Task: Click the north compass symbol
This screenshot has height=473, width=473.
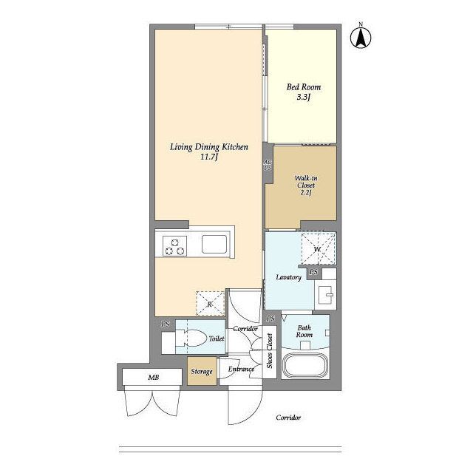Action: tap(361, 36)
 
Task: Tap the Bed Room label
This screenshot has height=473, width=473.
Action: tap(304, 87)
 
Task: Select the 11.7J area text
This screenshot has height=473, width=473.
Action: tap(209, 157)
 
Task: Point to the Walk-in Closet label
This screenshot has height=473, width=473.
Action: tap(306, 182)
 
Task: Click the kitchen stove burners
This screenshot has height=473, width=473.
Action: tap(174, 246)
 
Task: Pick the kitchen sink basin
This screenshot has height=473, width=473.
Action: tap(214, 244)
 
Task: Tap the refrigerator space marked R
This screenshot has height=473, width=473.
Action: tap(210, 303)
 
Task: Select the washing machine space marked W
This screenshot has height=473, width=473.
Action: tap(319, 249)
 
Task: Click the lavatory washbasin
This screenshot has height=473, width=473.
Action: tap(325, 295)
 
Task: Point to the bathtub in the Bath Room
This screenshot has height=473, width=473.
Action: tap(305, 366)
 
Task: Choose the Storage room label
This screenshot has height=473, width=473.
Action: tap(202, 371)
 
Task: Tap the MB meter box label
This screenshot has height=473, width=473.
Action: tap(154, 377)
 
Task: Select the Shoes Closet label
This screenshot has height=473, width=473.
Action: tap(269, 351)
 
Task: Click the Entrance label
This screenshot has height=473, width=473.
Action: tap(241, 369)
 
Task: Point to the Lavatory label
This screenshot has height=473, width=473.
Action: tap(289, 277)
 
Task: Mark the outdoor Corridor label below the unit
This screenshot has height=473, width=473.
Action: tap(288, 418)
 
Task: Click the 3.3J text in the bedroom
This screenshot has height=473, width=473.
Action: tap(304, 97)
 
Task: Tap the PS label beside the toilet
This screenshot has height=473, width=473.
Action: tap(166, 324)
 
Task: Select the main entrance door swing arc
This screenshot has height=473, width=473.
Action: tap(252, 412)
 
